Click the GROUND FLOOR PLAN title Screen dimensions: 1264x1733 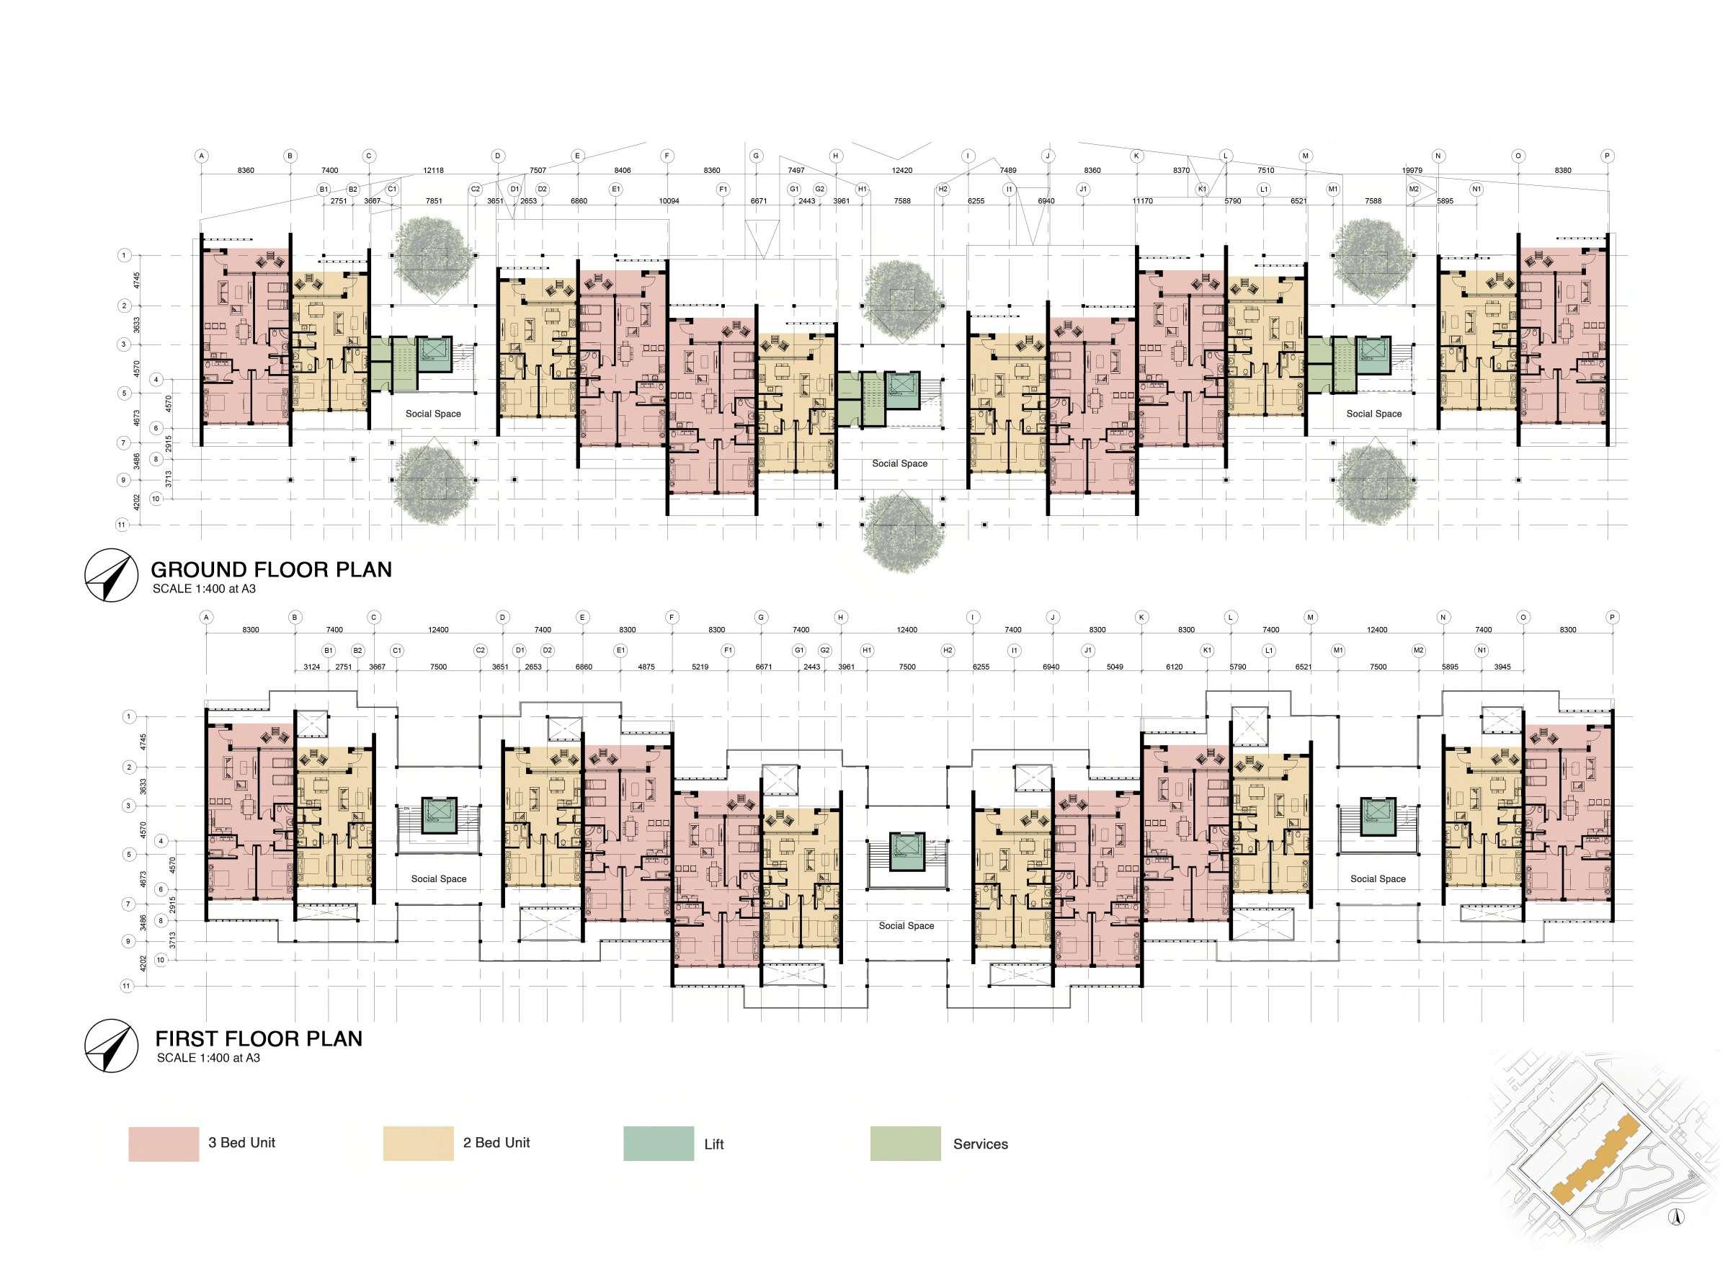[x=271, y=569]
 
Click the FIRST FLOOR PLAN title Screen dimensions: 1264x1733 [x=259, y=1038]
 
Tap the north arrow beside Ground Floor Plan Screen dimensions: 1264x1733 [x=110, y=575]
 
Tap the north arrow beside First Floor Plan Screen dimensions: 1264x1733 [x=110, y=1045]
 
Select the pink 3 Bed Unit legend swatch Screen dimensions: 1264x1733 [x=163, y=1144]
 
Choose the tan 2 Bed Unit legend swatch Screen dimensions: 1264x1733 [x=418, y=1144]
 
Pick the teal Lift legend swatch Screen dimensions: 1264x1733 [x=658, y=1144]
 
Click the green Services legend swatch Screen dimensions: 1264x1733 [x=905, y=1144]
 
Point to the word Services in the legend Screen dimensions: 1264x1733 [x=980, y=1144]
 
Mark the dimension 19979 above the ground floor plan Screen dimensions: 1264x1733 [x=1412, y=171]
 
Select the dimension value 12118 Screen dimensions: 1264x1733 [x=433, y=171]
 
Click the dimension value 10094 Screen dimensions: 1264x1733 [x=669, y=201]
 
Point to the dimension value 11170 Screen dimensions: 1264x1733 [x=1142, y=201]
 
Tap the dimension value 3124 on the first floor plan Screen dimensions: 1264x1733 [x=311, y=667]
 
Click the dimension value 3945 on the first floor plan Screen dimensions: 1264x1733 [x=1502, y=667]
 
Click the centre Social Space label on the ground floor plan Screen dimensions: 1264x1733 [x=900, y=463]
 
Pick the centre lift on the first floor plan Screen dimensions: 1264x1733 [x=906, y=852]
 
